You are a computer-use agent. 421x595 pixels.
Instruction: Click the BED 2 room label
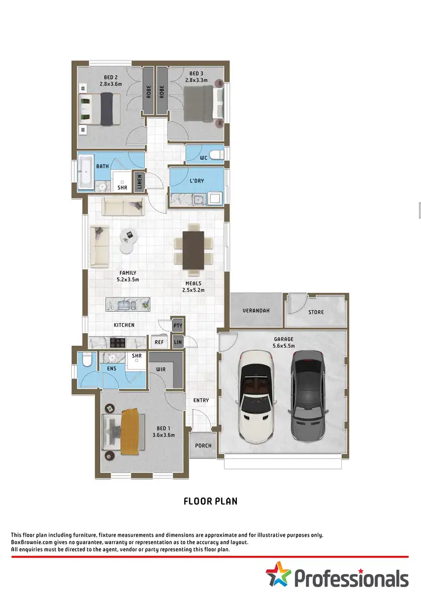click(111, 77)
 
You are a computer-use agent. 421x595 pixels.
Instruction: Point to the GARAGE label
click(283, 339)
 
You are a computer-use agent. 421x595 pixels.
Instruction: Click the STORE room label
click(315, 312)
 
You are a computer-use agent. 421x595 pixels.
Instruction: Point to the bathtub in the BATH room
click(85, 173)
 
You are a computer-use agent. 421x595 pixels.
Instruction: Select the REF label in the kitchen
click(158, 342)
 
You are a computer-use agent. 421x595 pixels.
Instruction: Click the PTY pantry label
click(177, 325)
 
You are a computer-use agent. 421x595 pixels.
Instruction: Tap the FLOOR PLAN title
click(210, 501)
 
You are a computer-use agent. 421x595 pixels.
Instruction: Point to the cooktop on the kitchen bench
click(120, 342)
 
